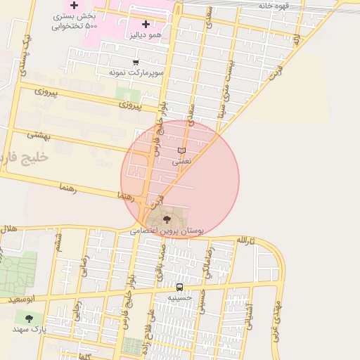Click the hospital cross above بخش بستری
pos(74,6)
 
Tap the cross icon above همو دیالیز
pos(146,24)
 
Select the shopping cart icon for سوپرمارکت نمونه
pos(135,63)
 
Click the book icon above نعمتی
pos(181,150)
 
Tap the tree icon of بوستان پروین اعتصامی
pos(166,220)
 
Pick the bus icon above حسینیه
pos(179,287)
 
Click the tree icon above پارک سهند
pos(29,319)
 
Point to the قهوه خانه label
pos(274,6)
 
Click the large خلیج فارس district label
pos(25,157)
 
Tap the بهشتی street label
pos(39,133)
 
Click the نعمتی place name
pos(181,161)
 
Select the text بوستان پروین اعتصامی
pos(167,230)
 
